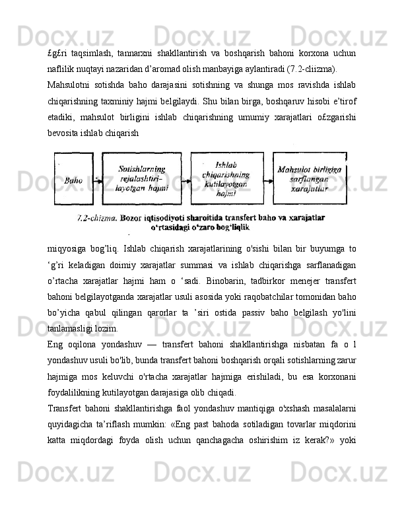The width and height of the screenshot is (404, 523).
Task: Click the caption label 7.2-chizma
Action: [96, 217]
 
